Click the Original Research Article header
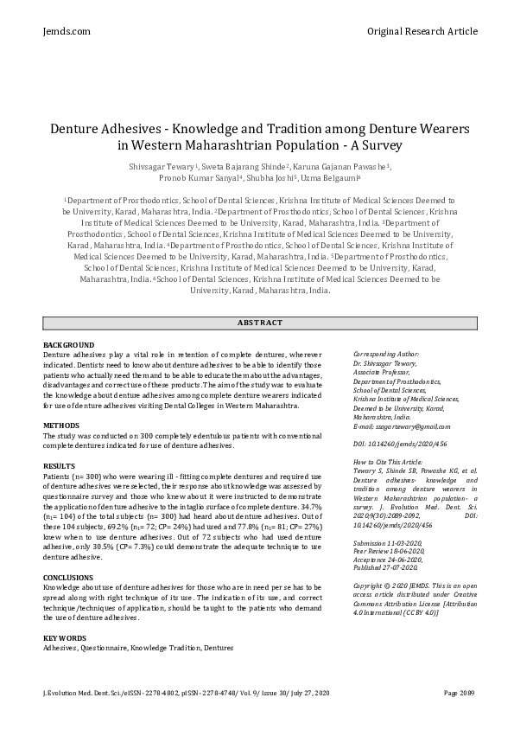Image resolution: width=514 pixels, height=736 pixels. click(x=422, y=31)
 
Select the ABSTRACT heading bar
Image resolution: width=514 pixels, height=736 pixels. click(x=259, y=323)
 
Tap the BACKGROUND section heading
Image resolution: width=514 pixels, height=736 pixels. click(x=69, y=345)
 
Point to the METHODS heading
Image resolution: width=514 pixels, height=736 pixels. click(x=61, y=426)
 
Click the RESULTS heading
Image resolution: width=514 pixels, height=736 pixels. click(x=60, y=466)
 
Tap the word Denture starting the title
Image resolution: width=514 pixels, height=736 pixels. click(x=77, y=128)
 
